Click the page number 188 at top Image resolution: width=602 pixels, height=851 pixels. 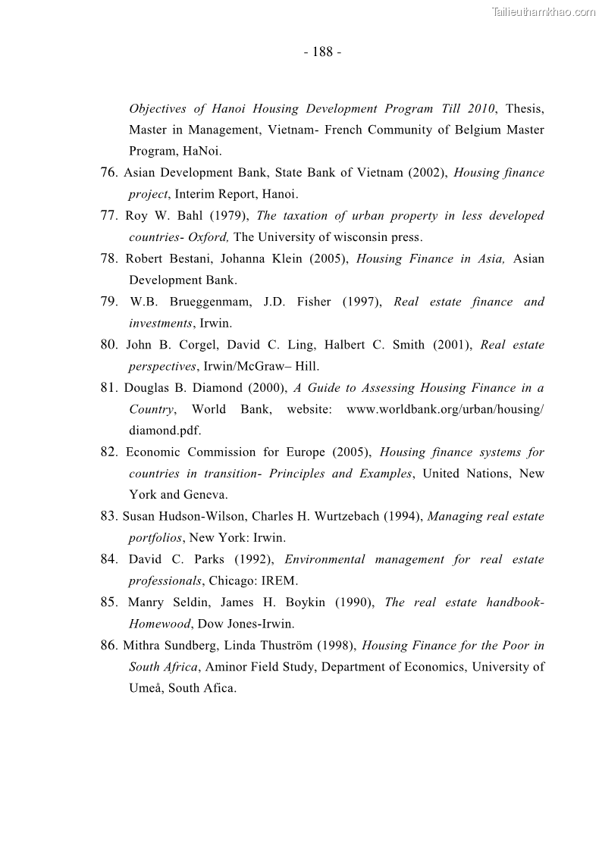tap(322, 52)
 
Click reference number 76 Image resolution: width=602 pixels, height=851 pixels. tap(109, 173)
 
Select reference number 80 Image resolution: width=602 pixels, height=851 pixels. tap(109, 345)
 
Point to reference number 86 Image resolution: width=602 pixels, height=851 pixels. tap(109, 646)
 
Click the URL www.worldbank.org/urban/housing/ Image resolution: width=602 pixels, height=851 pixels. tap(445, 409)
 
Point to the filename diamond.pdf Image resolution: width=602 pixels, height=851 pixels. tap(165, 430)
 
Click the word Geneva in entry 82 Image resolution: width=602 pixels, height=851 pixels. tap(205, 495)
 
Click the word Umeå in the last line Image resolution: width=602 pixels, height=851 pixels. tap(145, 689)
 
